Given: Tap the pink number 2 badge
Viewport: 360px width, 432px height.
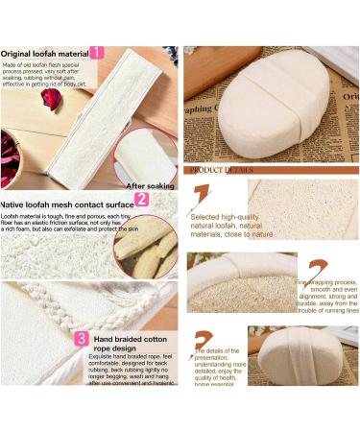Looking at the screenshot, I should point(141,200).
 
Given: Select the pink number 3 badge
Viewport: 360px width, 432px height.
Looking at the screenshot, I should point(83,339).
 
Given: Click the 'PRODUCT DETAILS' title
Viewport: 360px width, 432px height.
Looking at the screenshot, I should point(222,170).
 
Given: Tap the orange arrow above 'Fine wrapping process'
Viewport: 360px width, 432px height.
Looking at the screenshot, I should point(317,268).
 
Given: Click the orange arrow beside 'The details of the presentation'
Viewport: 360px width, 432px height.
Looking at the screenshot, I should point(203,342).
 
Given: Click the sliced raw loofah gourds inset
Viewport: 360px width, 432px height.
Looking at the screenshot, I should point(146,249).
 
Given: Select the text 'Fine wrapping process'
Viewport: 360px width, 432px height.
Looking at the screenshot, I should point(326,283).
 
